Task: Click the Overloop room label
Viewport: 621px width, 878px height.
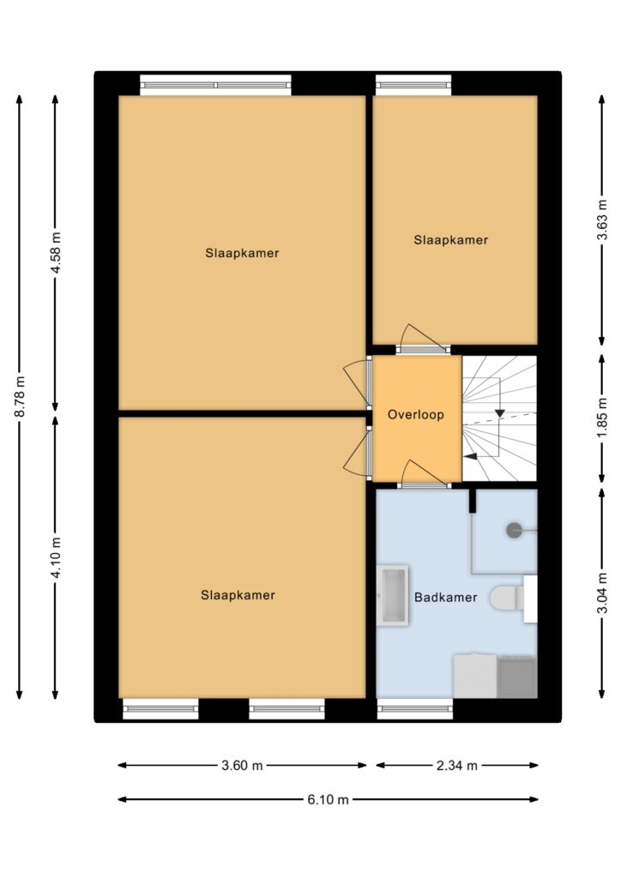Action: [415, 415]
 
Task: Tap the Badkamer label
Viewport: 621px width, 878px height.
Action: [446, 598]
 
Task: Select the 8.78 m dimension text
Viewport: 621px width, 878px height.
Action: [21, 396]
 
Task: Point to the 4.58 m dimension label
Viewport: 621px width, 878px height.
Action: [56, 253]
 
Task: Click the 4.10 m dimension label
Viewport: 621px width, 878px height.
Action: [56, 557]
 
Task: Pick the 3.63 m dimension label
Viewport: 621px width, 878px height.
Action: [602, 220]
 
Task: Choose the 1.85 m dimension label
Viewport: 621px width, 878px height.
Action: [602, 418]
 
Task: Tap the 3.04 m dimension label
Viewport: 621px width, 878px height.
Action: [602, 593]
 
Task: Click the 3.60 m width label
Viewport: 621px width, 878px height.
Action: [242, 766]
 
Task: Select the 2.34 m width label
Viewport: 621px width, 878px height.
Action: [457, 766]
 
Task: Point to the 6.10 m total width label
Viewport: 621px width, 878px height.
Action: [329, 800]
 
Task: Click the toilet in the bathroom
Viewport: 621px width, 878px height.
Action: [507, 598]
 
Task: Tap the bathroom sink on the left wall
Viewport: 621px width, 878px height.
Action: [393, 596]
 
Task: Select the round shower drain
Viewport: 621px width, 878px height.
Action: [514, 530]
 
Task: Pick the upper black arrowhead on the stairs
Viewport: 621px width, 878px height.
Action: [499, 413]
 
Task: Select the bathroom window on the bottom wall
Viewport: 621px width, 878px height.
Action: [415, 709]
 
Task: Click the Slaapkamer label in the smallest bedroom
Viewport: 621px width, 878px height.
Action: [451, 240]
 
